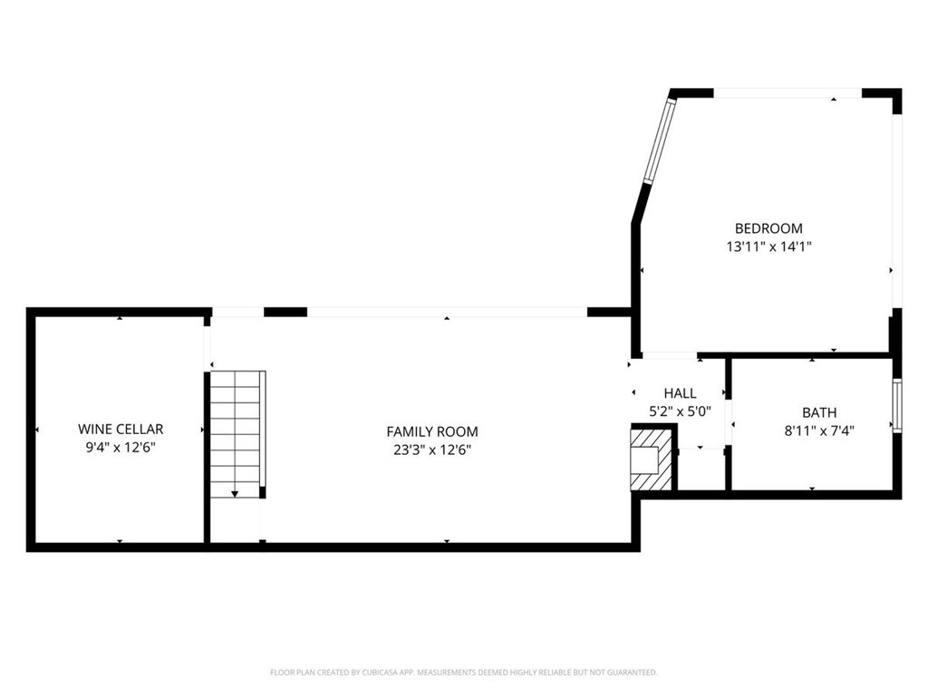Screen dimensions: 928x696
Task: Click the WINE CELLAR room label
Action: tap(121, 429)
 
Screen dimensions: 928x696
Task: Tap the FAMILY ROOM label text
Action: tap(432, 431)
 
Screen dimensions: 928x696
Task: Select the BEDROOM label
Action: tap(768, 227)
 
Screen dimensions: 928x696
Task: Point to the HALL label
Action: tap(680, 393)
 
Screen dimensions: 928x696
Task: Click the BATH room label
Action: tap(819, 412)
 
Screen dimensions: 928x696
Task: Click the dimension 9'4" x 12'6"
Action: tap(121, 447)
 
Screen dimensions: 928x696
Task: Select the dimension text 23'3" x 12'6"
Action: tap(432, 449)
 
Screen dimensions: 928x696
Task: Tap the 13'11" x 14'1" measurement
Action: tap(768, 246)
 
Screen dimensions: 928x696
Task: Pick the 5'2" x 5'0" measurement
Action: tap(680, 411)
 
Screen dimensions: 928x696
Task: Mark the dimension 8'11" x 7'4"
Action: tap(819, 430)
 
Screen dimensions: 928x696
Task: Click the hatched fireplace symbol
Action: tap(652, 459)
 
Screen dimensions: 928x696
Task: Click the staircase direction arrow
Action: tap(235, 493)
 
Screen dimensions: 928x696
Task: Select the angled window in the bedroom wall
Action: tap(660, 140)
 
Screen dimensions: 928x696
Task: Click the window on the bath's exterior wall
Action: tap(897, 405)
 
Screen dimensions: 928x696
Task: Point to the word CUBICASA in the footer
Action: tap(375, 672)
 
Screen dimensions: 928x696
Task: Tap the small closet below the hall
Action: tap(701, 469)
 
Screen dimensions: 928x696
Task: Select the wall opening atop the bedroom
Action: tap(788, 93)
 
